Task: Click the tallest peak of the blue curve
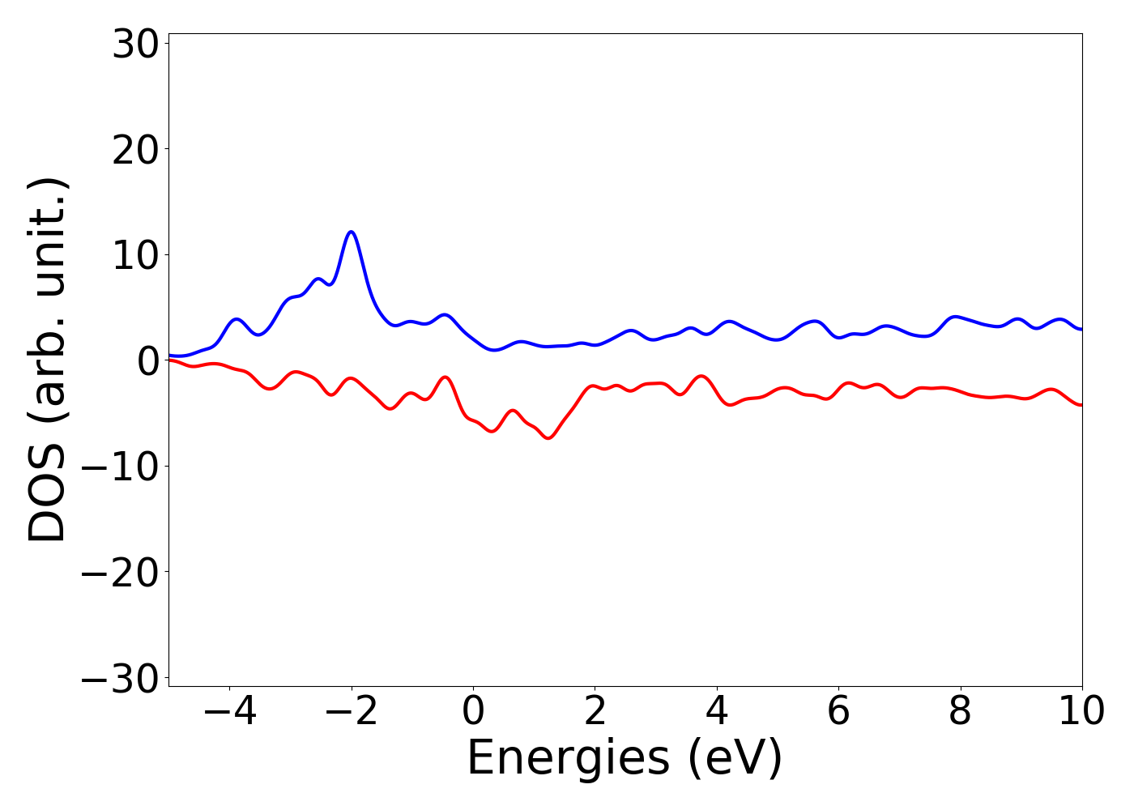[351, 232]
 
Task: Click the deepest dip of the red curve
[548, 437]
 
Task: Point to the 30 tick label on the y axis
[134, 45]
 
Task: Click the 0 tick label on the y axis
[147, 361]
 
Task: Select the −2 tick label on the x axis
[351, 711]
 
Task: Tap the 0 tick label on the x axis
[473, 711]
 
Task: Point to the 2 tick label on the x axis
[595, 711]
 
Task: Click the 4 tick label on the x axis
[717, 711]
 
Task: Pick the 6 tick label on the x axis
[838, 711]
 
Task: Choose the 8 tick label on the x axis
[960, 711]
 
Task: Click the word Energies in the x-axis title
[569, 760]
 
